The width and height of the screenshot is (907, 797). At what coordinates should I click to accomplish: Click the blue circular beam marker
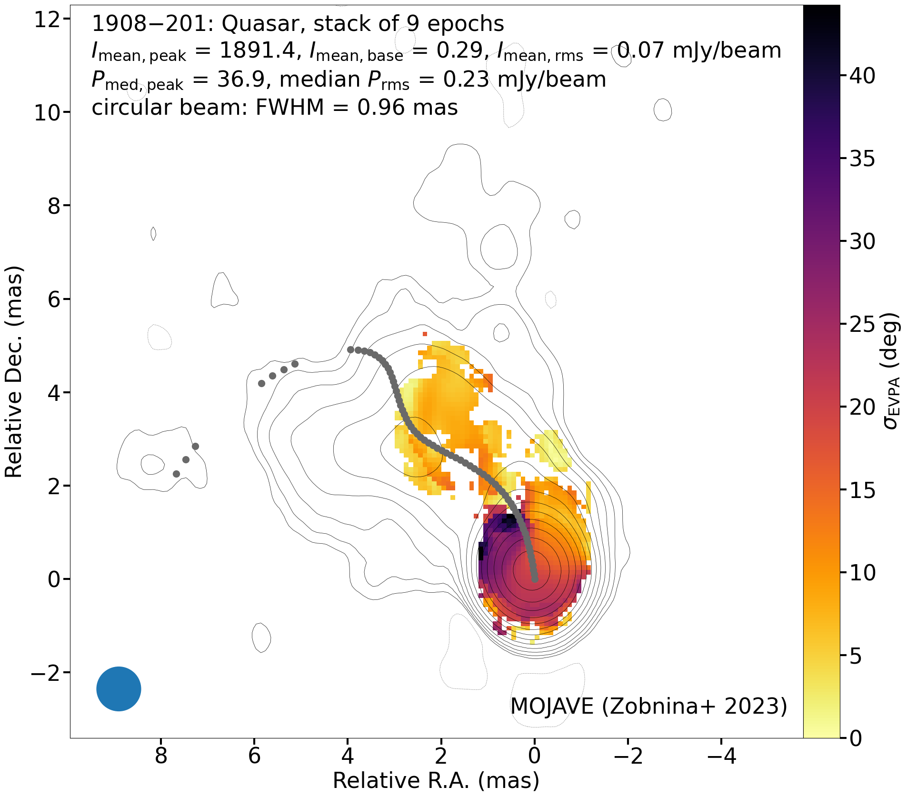pos(119,688)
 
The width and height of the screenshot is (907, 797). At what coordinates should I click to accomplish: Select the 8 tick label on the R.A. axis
pos(161,756)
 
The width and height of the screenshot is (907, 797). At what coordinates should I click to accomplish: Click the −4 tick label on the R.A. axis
pos(721,756)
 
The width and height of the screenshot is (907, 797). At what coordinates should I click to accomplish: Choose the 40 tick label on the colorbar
pos(862,76)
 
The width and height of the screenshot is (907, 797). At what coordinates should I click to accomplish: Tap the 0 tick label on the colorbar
pos(856,738)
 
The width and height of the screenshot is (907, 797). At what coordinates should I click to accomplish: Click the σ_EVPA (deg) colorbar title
pos(891,371)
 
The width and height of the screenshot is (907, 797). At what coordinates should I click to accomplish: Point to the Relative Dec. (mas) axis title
pos(14,372)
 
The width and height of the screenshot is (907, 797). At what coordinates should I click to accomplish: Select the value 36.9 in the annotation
pos(240,80)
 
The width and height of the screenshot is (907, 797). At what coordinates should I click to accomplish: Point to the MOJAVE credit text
pos(552,706)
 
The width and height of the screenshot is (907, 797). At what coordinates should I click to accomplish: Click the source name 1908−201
pos(153,24)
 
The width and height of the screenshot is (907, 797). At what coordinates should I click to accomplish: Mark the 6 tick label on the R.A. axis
pos(255,756)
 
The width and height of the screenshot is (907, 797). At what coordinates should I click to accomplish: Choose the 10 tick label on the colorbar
pos(862,573)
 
